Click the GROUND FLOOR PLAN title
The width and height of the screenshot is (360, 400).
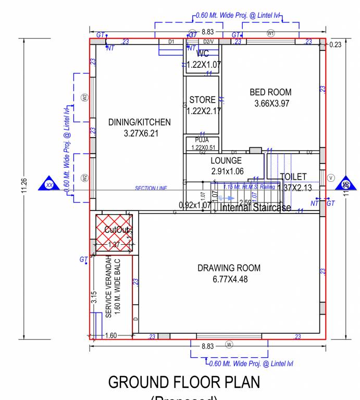click(184, 383)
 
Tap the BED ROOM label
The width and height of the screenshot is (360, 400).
click(270, 92)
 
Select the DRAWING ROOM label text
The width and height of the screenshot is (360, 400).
click(229, 268)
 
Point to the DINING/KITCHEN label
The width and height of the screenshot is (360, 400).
click(139, 122)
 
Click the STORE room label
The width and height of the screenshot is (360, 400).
click(202, 100)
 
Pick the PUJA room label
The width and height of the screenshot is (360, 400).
click(202, 140)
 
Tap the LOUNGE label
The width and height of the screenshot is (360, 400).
click(227, 161)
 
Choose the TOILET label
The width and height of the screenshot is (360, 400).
click(293, 177)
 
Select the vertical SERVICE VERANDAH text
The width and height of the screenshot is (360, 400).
click(108, 286)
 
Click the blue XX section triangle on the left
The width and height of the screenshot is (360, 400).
click(49, 184)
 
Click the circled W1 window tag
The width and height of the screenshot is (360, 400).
click(270, 33)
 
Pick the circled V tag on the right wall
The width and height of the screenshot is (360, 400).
click(330, 178)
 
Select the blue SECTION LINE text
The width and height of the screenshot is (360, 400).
click(151, 189)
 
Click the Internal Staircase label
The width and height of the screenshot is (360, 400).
click(255, 208)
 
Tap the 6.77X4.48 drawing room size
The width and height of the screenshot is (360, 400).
click(229, 280)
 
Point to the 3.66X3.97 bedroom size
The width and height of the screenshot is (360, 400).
click(271, 104)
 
